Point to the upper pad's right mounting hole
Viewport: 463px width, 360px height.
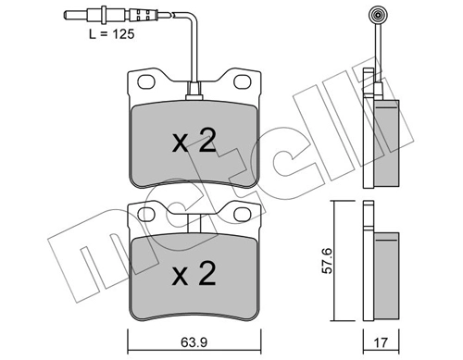243,82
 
